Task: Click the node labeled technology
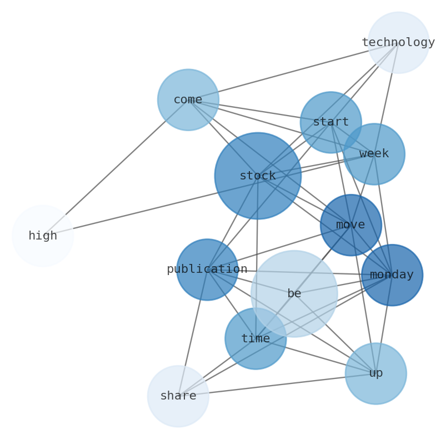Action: [x=398, y=42]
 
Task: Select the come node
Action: [x=188, y=100]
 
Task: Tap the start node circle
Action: [x=330, y=122]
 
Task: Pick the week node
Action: [x=374, y=154]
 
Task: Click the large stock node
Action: [x=258, y=176]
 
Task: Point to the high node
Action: [x=43, y=236]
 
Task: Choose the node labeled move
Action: [x=350, y=225]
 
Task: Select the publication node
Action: [x=207, y=270]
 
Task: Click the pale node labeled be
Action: [x=294, y=293]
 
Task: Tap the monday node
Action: [x=392, y=275]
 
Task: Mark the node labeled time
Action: [x=255, y=338]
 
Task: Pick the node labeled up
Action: [x=375, y=373]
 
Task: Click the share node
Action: [x=178, y=396]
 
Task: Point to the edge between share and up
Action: [x=277, y=385]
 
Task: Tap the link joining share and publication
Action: [x=193, y=333]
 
